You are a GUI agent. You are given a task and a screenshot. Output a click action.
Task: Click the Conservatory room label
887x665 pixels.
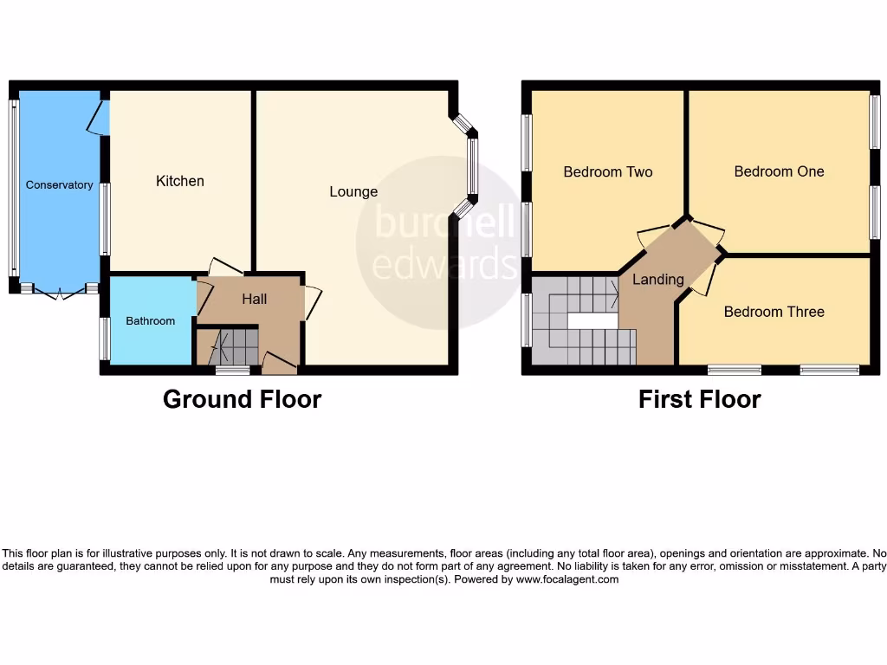pyautogui.click(x=59, y=184)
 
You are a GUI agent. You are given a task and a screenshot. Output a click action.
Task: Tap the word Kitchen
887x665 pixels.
pyautogui.click(x=180, y=181)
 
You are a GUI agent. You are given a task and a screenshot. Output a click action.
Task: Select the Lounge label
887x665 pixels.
pyautogui.click(x=353, y=191)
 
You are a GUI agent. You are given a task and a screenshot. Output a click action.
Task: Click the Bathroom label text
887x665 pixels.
pyautogui.click(x=151, y=320)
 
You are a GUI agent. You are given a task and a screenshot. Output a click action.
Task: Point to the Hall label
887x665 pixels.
pyautogui.click(x=255, y=299)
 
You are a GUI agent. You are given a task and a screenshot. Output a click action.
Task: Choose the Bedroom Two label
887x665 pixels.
pyautogui.click(x=608, y=171)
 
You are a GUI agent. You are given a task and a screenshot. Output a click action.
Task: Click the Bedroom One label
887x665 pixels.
pyautogui.click(x=779, y=171)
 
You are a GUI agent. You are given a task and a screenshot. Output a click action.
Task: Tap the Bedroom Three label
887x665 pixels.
pyautogui.click(x=774, y=312)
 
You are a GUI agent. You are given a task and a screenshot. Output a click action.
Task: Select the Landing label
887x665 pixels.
pyautogui.click(x=658, y=280)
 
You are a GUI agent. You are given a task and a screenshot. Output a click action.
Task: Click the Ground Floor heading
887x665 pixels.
pyautogui.click(x=242, y=399)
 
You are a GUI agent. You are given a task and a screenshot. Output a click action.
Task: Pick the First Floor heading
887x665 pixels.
pyautogui.click(x=699, y=399)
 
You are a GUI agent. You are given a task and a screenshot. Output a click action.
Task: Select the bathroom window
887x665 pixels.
pyautogui.click(x=104, y=338)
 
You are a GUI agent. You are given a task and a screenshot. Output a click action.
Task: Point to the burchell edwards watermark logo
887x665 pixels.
pyautogui.click(x=442, y=242)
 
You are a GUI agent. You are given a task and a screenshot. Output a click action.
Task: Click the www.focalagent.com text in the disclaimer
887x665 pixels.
pyautogui.click(x=567, y=579)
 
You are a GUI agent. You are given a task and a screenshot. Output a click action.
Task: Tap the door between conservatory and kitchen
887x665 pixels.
pyautogui.click(x=98, y=118)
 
